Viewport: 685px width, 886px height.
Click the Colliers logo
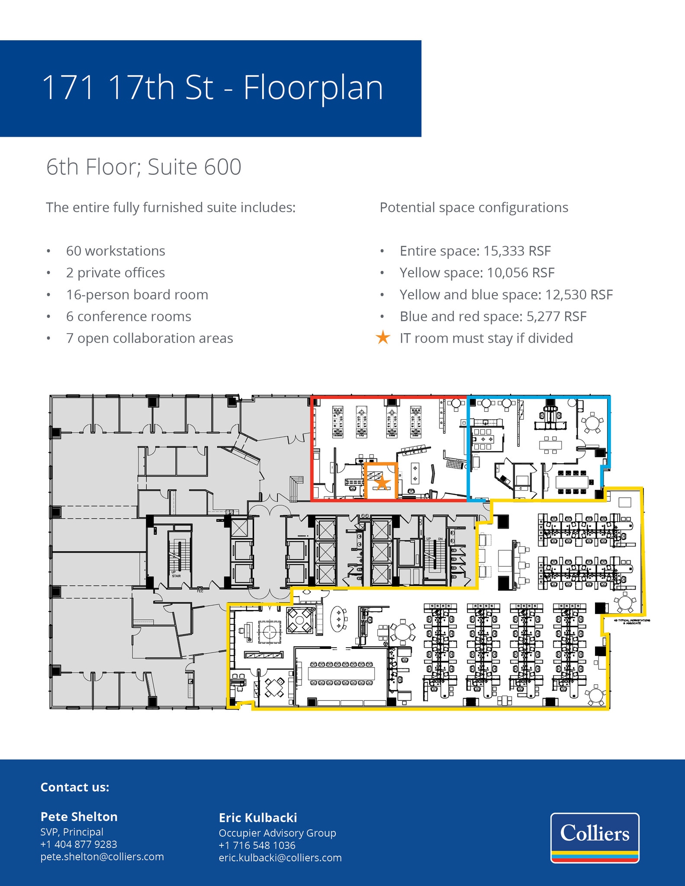coord(595,838)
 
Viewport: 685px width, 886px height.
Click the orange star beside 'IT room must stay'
coord(383,337)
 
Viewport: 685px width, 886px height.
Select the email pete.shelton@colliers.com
coord(102,857)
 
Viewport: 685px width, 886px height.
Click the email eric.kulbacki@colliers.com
coord(280,857)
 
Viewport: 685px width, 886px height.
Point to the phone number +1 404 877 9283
coord(79,844)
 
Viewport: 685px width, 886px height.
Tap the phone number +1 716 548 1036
coord(257,845)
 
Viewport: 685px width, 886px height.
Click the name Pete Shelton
coord(79,816)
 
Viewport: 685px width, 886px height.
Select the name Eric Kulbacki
coord(258,818)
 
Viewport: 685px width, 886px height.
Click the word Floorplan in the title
coord(313,88)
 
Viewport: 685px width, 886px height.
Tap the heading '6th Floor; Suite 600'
coord(144,167)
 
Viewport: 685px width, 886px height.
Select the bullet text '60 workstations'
coord(116,251)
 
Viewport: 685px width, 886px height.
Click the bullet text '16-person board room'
coord(137,295)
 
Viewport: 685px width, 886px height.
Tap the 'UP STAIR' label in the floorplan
coord(176,574)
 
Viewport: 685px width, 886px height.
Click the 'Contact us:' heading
coord(75,787)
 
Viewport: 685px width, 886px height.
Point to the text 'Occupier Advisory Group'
coord(277,833)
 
